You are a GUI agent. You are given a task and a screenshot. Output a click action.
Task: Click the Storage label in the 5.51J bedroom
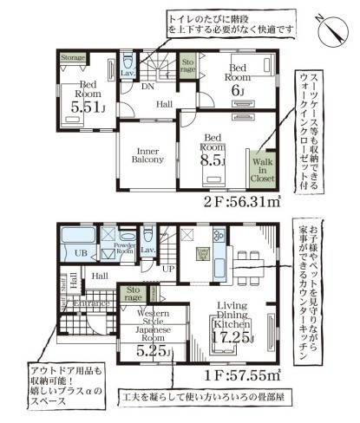(73, 57)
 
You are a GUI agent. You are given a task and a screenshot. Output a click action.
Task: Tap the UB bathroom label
(80, 252)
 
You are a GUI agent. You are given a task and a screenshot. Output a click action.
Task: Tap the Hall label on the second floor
(165, 105)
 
